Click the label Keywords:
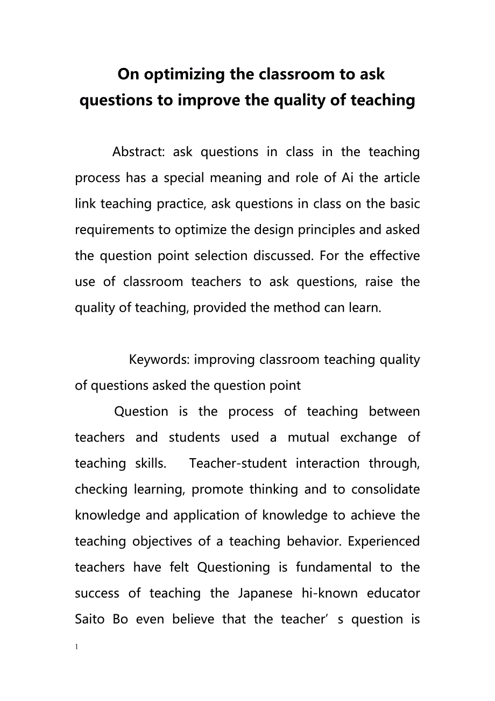click(159, 360)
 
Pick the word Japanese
click(264, 593)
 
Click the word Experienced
click(384, 541)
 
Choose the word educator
click(393, 593)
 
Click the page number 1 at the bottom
click(77, 646)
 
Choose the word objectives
click(162, 542)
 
